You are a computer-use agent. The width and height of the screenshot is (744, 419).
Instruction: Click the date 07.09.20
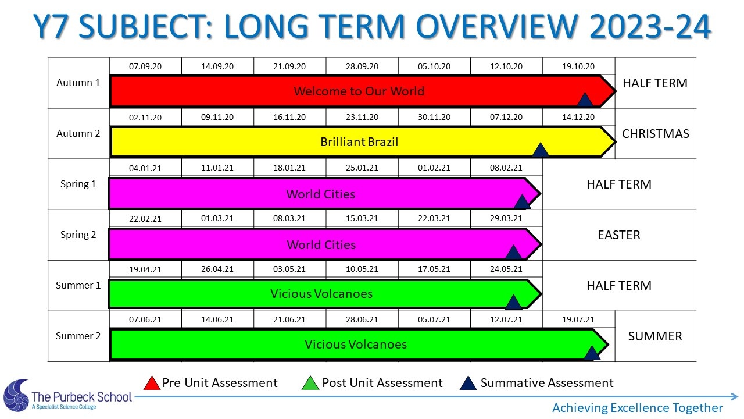click(x=145, y=66)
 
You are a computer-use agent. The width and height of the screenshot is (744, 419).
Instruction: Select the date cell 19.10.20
click(x=578, y=66)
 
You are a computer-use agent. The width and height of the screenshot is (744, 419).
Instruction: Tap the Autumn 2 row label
click(x=78, y=133)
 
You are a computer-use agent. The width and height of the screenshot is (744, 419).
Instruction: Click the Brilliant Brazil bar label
click(x=359, y=142)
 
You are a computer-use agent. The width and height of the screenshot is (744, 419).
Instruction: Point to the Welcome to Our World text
click(x=359, y=91)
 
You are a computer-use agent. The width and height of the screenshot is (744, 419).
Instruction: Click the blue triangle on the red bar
click(x=585, y=100)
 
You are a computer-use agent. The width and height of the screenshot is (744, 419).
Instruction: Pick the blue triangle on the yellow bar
click(x=541, y=150)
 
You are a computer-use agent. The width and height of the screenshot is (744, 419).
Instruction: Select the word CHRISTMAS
click(x=655, y=134)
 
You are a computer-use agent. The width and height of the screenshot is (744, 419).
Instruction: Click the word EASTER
click(x=619, y=235)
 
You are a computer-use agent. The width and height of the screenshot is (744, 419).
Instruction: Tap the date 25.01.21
click(x=362, y=168)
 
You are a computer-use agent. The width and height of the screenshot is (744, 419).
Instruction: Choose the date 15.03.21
click(x=362, y=218)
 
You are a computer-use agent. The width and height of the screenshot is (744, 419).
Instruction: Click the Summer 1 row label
click(x=78, y=285)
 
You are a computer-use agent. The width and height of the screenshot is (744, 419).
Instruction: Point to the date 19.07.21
click(x=578, y=319)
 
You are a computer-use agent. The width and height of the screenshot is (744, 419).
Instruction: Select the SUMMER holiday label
click(x=655, y=336)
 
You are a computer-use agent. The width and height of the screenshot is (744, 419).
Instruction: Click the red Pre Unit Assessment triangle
click(x=152, y=384)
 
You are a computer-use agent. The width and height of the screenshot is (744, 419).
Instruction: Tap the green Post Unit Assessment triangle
click(x=310, y=384)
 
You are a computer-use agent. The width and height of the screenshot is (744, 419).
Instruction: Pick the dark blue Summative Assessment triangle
click(x=468, y=384)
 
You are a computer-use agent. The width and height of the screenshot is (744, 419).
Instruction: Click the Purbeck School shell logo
click(x=17, y=396)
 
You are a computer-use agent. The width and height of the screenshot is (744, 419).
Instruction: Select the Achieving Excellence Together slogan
click(x=638, y=408)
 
